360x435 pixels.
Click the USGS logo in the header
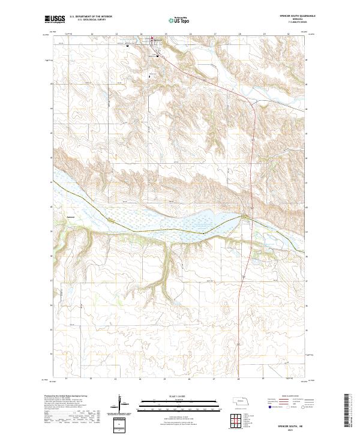pos(55,19)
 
